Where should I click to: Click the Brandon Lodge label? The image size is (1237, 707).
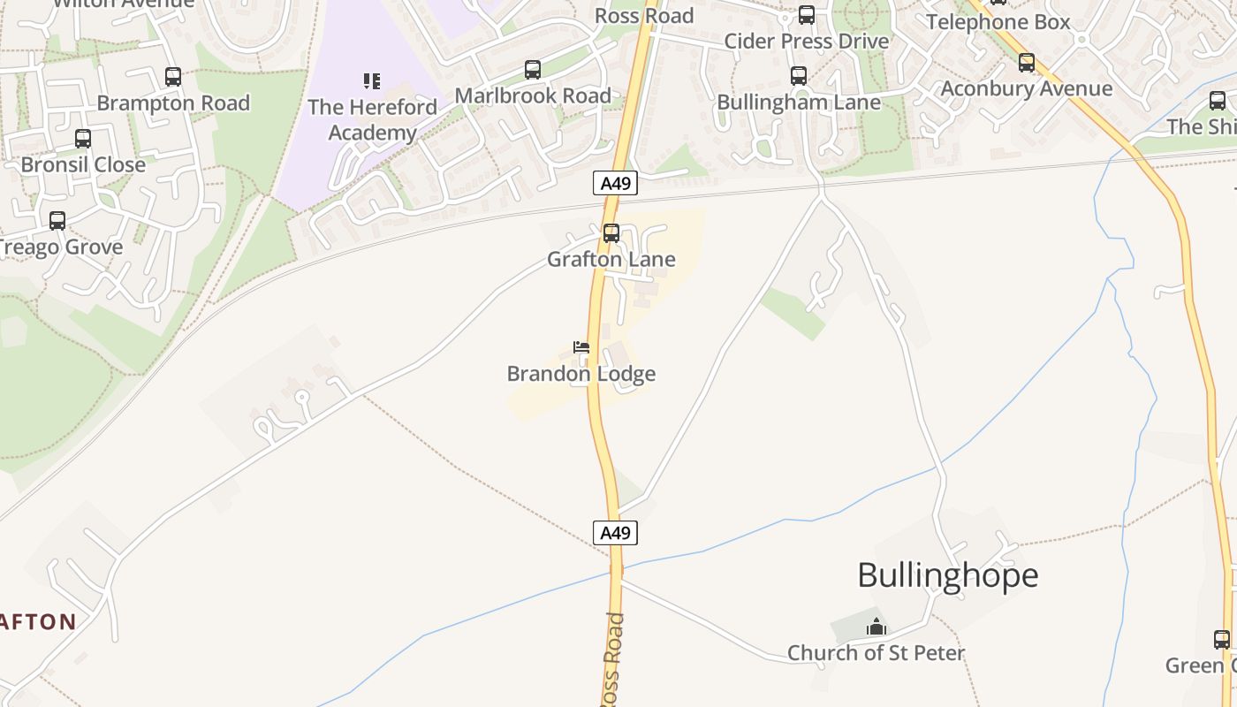[581, 374]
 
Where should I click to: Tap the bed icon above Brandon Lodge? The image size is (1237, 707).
[581, 347]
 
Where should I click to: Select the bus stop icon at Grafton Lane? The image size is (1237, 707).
[611, 233]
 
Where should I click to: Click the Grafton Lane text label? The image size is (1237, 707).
[611, 259]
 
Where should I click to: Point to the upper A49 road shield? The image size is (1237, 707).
[614, 184]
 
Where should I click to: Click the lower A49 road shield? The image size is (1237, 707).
[614, 533]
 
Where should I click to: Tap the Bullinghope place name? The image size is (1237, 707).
[947, 575]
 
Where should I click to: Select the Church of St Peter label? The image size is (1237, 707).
[876, 653]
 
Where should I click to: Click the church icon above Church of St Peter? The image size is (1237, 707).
[876, 627]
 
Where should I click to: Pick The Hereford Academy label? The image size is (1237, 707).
[372, 120]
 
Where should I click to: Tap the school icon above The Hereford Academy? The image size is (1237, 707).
[372, 81]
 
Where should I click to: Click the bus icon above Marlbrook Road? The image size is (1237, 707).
[532, 70]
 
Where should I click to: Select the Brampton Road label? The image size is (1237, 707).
[173, 103]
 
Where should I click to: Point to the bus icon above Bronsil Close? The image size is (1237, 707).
[83, 139]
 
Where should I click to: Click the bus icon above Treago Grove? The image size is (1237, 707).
[57, 221]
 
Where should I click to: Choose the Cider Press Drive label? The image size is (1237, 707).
[806, 42]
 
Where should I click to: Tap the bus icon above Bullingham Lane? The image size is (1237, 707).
[799, 76]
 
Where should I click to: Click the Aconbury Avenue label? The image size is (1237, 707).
[1026, 88]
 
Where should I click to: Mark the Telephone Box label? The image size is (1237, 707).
[998, 22]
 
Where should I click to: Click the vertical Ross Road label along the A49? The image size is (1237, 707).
[614, 658]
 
